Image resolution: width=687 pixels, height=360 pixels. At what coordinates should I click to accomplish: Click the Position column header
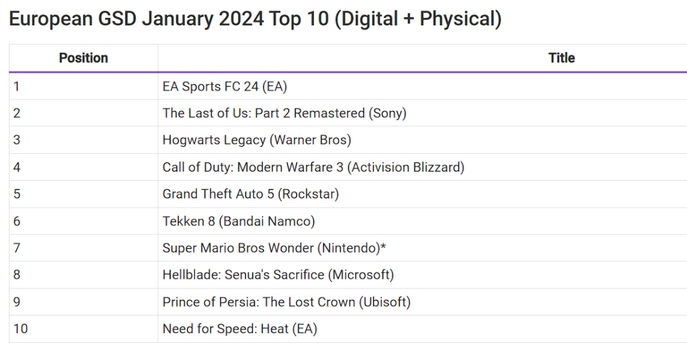pyautogui.click(x=83, y=58)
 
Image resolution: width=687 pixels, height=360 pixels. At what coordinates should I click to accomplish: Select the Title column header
pyautogui.click(x=561, y=58)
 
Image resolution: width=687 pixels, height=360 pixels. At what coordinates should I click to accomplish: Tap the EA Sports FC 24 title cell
pyautogui.click(x=225, y=87)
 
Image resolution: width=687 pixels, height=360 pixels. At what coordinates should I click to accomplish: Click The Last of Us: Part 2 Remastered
pyautogui.click(x=284, y=113)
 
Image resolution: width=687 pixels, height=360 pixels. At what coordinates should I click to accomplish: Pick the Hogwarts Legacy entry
pyautogui.click(x=256, y=140)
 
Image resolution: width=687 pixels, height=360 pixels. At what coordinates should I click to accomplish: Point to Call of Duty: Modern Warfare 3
pyautogui.click(x=313, y=167)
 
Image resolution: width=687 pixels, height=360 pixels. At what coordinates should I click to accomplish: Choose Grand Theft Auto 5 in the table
pyautogui.click(x=251, y=194)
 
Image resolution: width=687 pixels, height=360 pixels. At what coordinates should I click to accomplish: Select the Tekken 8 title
pyautogui.click(x=238, y=221)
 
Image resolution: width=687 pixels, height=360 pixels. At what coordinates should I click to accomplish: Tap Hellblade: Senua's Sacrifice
pyautogui.click(x=278, y=275)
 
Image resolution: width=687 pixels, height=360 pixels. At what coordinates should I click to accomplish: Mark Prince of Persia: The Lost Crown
pyautogui.click(x=286, y=302)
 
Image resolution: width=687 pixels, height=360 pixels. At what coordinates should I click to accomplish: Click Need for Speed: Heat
pyautogui.click(x=240, y=329)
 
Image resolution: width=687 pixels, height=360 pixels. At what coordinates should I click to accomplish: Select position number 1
pyautogui.click(x=16, y=87)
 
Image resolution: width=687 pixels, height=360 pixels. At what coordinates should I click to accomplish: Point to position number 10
pyautogui.click(x=20, y=329)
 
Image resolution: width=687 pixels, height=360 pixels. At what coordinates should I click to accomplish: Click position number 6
pyautogui.click(x=16, y=221)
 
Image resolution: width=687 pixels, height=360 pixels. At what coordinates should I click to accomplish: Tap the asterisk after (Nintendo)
pyautogui.click(x=383, y=247)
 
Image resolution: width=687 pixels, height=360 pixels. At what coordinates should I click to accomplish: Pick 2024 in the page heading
pyautogui.click(x=241, y=19)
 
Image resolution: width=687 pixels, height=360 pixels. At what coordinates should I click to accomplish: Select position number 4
pyautogui.click(x=16, y=167)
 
